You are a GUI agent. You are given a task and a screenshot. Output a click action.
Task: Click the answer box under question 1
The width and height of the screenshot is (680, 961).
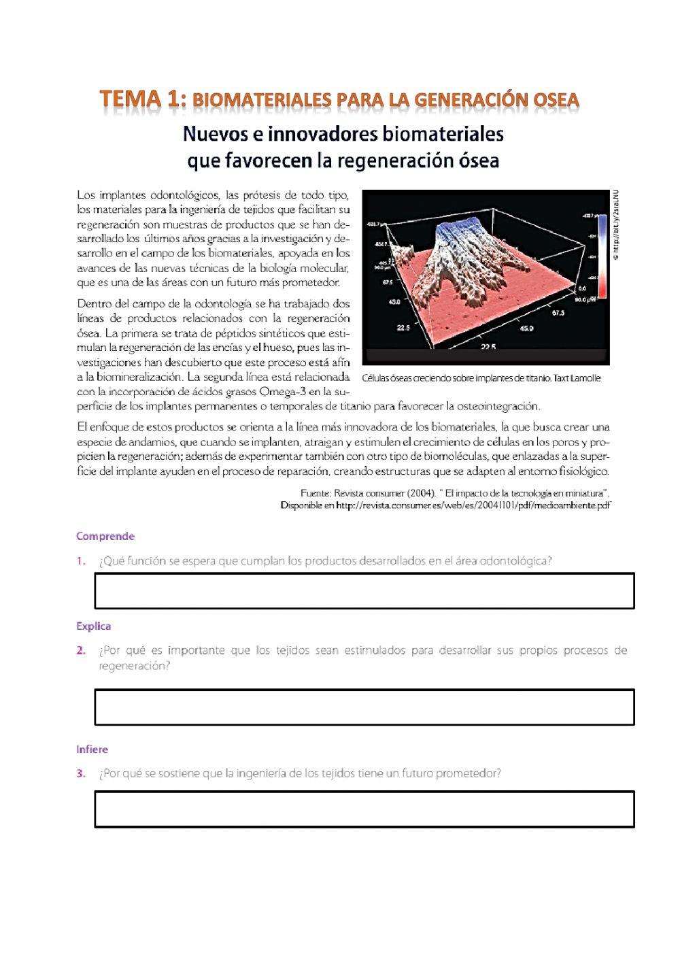pyautogui.click(x=364, y=590)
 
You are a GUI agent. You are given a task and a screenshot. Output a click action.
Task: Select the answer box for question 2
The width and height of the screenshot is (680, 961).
pyautogui.click(x=364, y=707)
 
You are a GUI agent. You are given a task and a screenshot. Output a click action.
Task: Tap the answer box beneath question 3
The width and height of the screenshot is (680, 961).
pyautogui.click(x=364, y=809)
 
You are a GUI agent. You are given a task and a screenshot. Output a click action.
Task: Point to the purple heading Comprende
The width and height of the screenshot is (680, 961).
pyautogui.click(x=105, y=536)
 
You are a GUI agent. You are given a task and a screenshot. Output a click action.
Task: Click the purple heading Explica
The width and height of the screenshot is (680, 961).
pyautogui.click(x=93, y=626)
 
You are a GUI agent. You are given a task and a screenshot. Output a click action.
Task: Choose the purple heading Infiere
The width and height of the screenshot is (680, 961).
pyautogui.click(x=92, y=749)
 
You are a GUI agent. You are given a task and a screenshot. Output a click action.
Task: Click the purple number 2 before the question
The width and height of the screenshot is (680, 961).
pyautogui.click(x=81, y=650)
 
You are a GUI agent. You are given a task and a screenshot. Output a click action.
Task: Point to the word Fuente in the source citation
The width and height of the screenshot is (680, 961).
pyautogui.click(x=315, y=493)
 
